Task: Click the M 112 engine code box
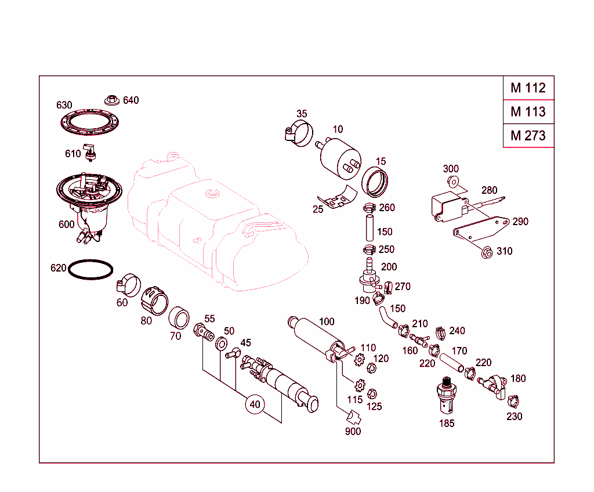[x=528, y=88]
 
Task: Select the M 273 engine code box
[x=528, y=136]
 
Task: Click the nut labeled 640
[x=111, y=100]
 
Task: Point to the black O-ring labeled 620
[x=90, y=270]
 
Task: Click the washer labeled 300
[x=454, y=182]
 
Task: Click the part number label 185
[x=447, y=424]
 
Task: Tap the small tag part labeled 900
[x=352, y=418]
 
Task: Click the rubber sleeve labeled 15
[x=375, y=182]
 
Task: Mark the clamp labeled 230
[x=513, y=401]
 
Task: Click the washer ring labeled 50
[x=222, y=344]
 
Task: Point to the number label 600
[x=66, y=225]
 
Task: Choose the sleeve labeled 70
[x=179, y=319]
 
